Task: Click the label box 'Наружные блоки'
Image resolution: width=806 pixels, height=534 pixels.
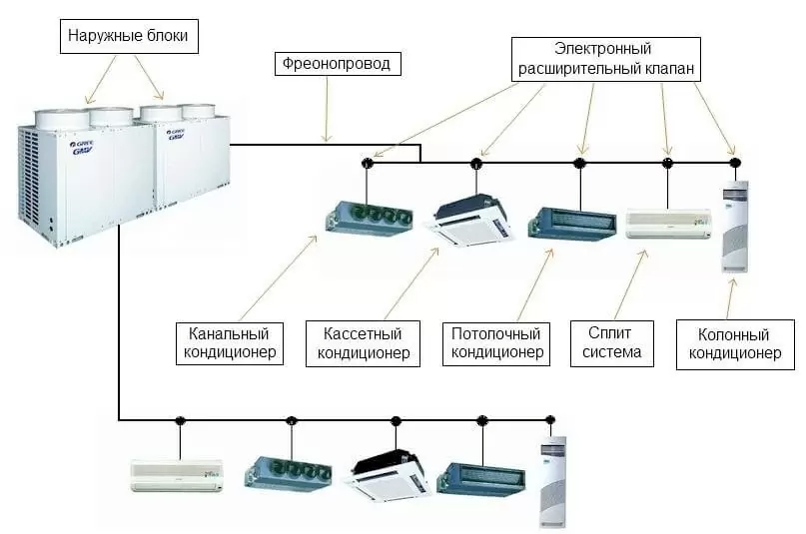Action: pos(127,39)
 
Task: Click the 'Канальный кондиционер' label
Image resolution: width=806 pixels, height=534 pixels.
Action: pos(229,342)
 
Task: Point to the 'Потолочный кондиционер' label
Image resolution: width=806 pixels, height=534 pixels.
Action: pos(496,342)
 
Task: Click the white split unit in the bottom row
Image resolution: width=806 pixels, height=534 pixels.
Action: pos(177,474)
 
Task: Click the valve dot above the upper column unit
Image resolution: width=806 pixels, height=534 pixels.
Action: pos(734,162)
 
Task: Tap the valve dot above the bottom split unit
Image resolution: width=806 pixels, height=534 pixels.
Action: pos(181,420)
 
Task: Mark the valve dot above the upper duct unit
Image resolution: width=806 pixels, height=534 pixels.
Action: pos(367,162)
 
